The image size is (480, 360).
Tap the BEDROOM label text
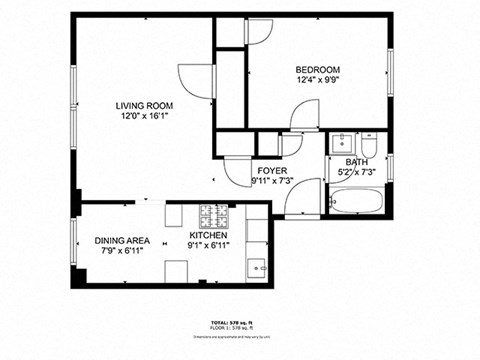[x=318, y=70]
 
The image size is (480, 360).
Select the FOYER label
[x=272, y=171]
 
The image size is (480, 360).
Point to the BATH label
[x=357, y=162]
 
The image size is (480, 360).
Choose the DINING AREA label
[x=123, y=241]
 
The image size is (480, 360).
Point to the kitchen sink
[x=257, y=268]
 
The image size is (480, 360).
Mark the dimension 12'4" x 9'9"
[x=318, y=82]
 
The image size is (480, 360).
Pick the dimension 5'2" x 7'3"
[x=357, y=173]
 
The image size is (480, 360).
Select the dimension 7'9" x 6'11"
[x=123, y=252]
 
